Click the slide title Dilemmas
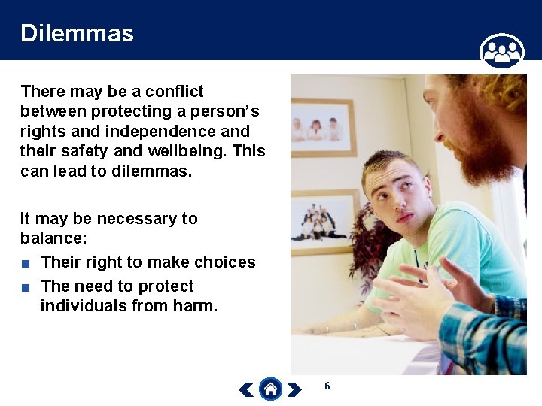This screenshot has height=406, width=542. tap(77, 33)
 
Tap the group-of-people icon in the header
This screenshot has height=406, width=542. tap(501, 51)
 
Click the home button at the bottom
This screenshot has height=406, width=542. tap(270, 389)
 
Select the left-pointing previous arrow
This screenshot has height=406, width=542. tap(246, 389)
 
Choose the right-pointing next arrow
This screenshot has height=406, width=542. tap(294, 389)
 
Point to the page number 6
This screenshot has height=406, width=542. tap(327, 386)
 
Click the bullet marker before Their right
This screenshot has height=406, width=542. tap(26, 263)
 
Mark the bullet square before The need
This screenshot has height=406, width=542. tap(26, 287)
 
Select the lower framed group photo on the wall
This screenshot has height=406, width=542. tap(324, 219)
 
